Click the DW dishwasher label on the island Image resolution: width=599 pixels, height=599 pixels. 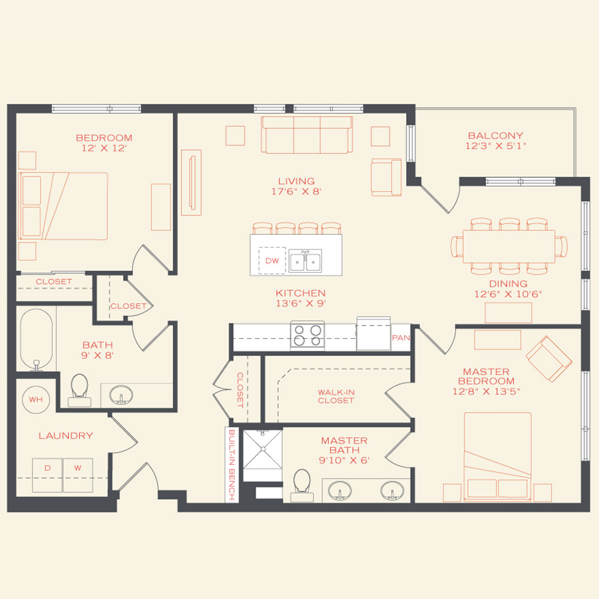point(272,261)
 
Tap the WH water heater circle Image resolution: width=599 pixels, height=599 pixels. point(35,399)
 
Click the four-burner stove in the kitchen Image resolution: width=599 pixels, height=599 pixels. point(307,334)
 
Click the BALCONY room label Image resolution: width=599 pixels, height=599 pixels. point(495,136)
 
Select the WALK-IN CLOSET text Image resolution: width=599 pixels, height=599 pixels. point(335,396)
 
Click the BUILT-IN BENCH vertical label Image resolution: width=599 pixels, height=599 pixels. point(232,465)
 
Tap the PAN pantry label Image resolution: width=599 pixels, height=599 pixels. point(401,337)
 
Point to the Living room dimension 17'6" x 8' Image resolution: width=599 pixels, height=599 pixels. point(297,192)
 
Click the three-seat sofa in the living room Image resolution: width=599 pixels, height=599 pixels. point(307,135)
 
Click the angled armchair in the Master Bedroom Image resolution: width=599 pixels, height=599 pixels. point(549,358)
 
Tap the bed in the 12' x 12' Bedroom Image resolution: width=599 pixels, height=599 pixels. point(63,206)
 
